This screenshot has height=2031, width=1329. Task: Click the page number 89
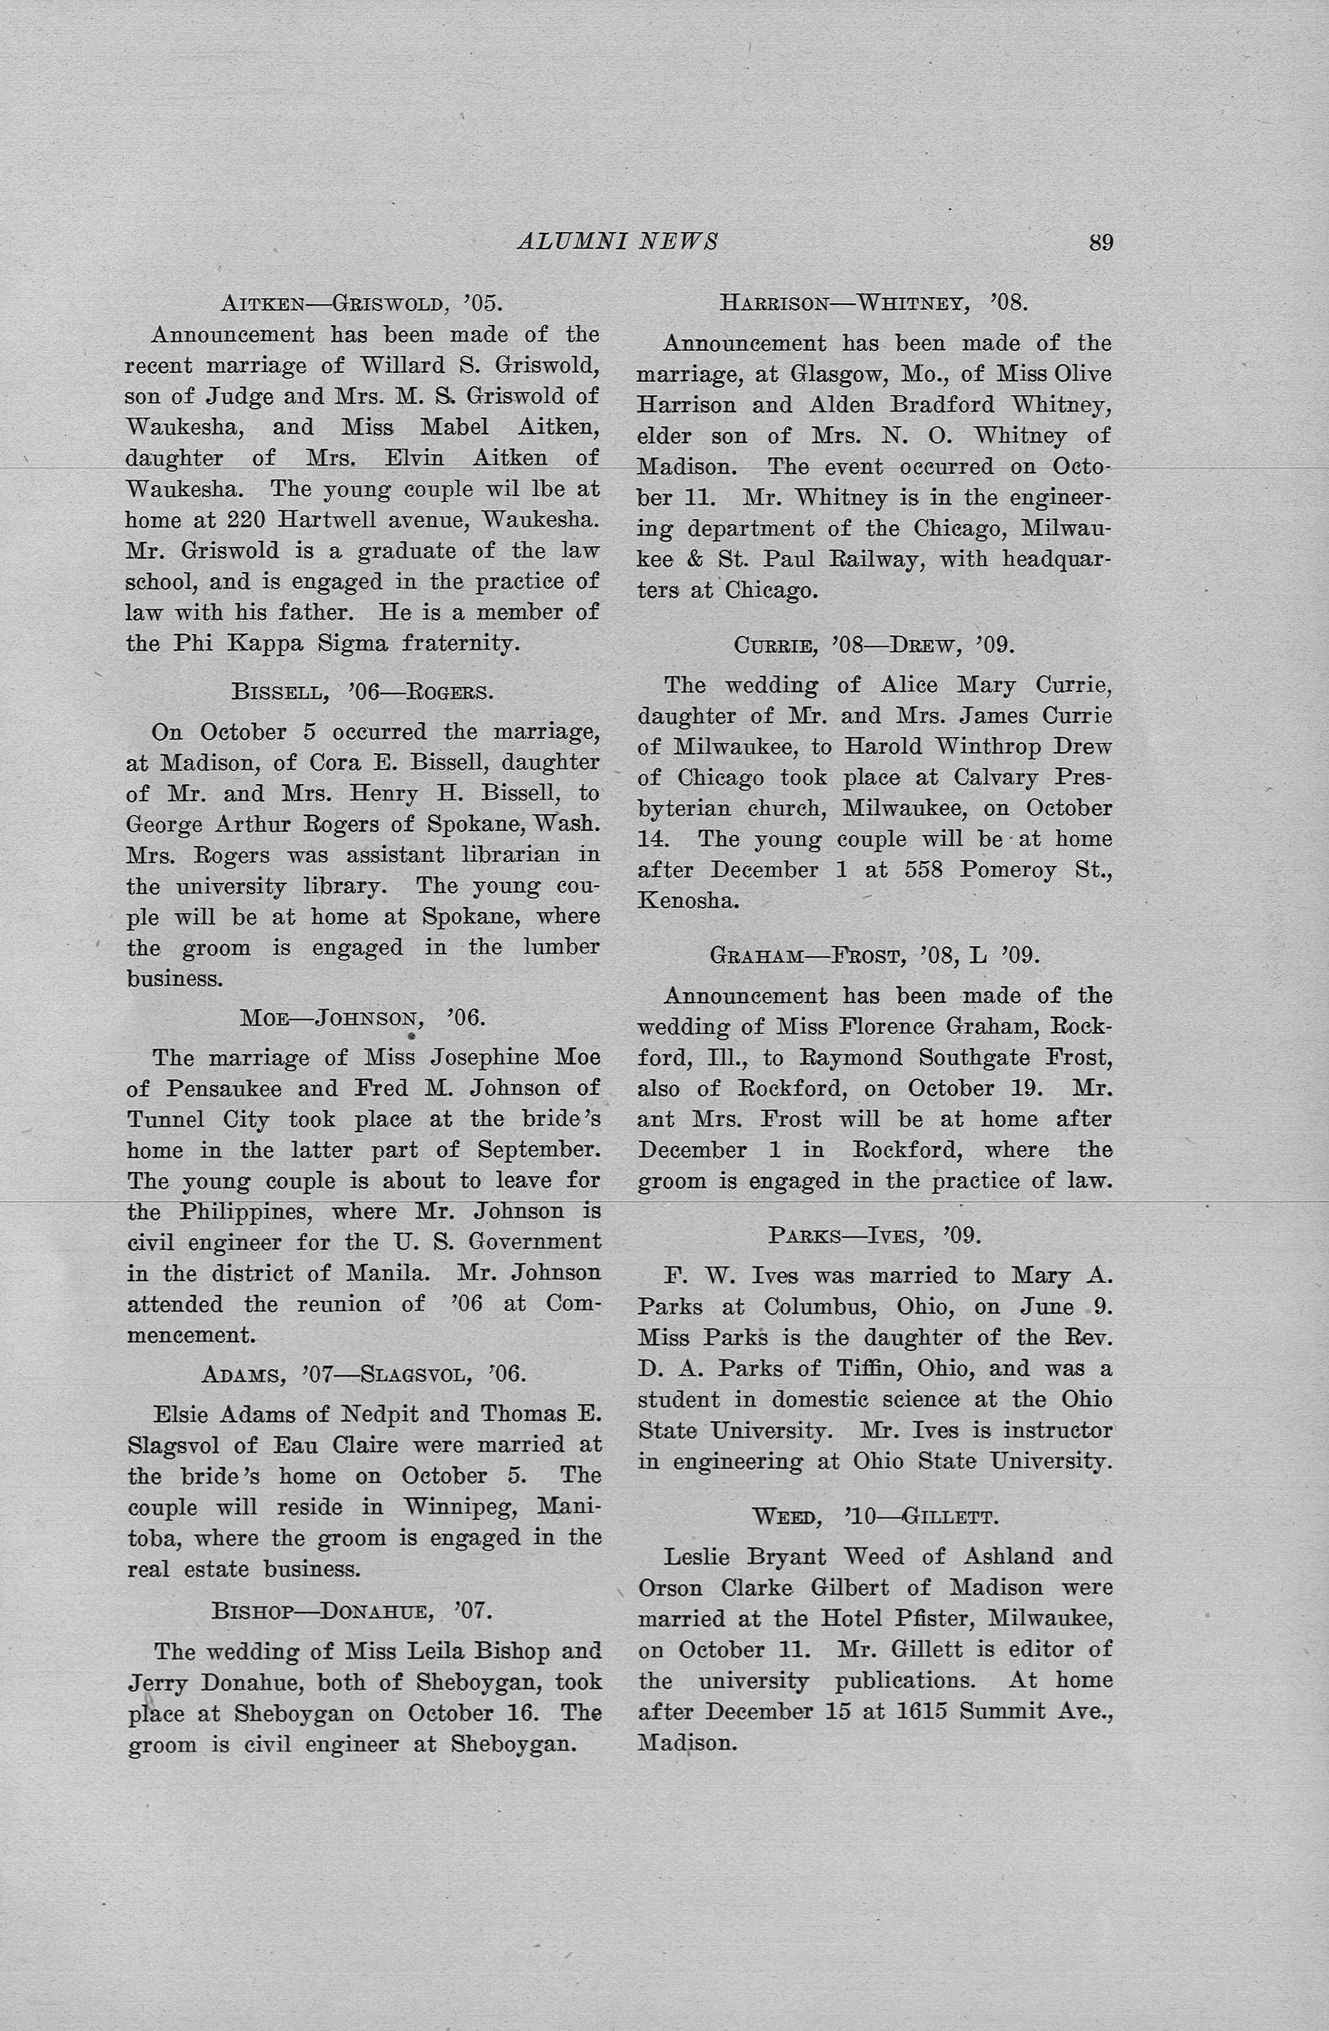pyautogui.click(x=1101, y=243)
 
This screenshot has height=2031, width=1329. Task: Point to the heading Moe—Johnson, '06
pyautogui.click(x=362, y=1017)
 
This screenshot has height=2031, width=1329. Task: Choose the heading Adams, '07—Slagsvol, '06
pyautogui.click(x=363, y=1374)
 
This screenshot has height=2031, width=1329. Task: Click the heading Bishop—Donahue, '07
pyautogui.click(x=352, y=1610)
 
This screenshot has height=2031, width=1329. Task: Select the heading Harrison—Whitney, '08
pyautogui.click(x=874, y=302)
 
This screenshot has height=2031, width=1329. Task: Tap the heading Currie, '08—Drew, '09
pyautogui.click(x=874, y=644)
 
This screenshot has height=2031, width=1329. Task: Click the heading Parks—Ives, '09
pyautogui.click(x=874, y=1235)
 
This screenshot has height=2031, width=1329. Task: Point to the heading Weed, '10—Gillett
pyautogui.click(x=874, y=1516)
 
